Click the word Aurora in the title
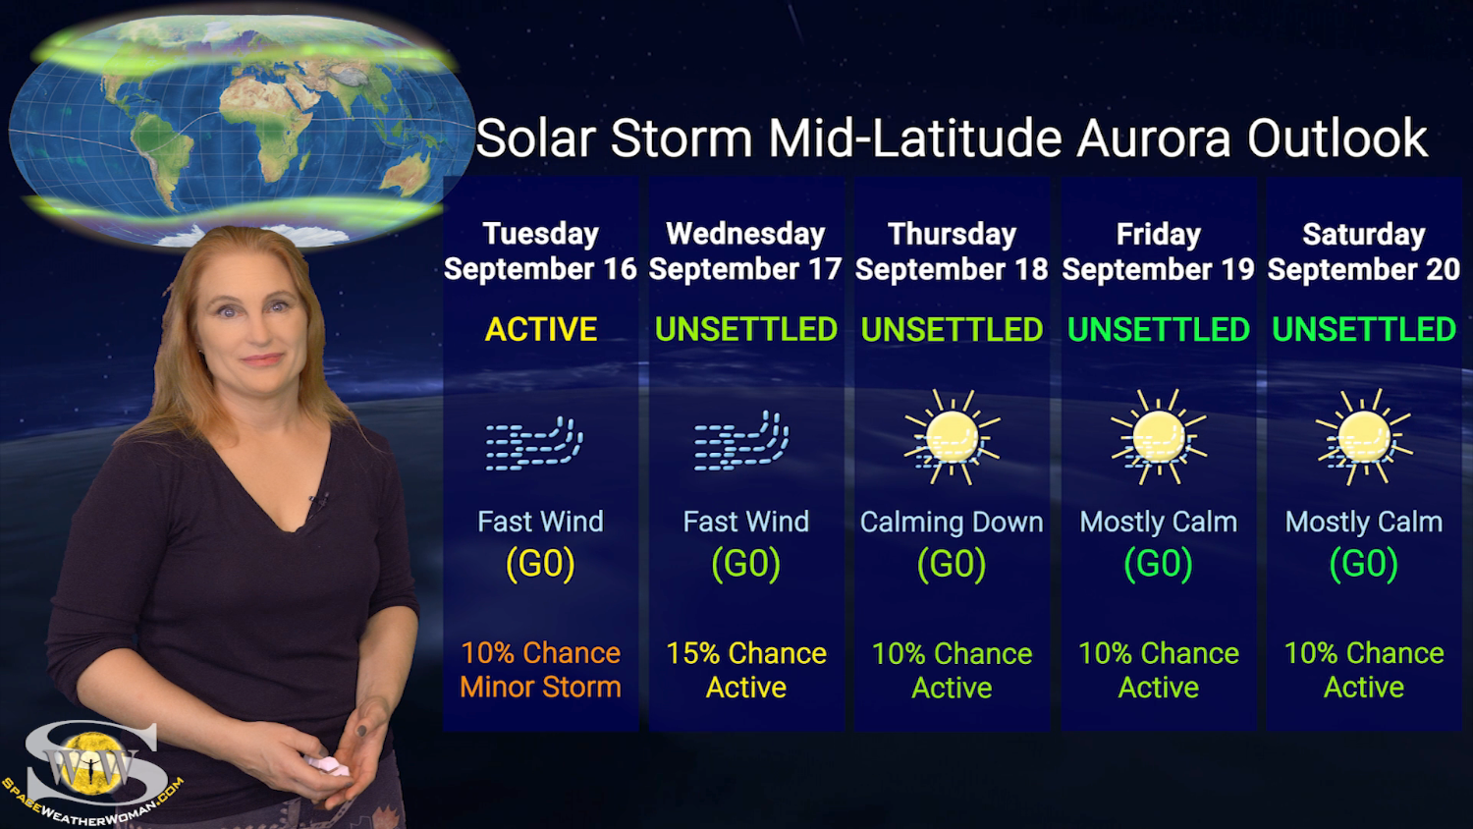point(1152,138)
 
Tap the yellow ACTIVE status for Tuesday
point(540,329)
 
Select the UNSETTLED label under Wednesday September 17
point(746,329)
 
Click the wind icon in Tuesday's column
point(534,444)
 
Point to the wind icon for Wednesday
point(741,441)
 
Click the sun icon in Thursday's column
point(952,437)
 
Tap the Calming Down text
point(952,523)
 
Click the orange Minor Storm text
point(540,688)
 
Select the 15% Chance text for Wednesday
point(746,653)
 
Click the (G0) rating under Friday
point(1158,564)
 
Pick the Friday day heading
point(1158,234)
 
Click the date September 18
point(952,269)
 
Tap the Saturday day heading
point(1364,234)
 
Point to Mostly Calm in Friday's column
point(1158,523)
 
